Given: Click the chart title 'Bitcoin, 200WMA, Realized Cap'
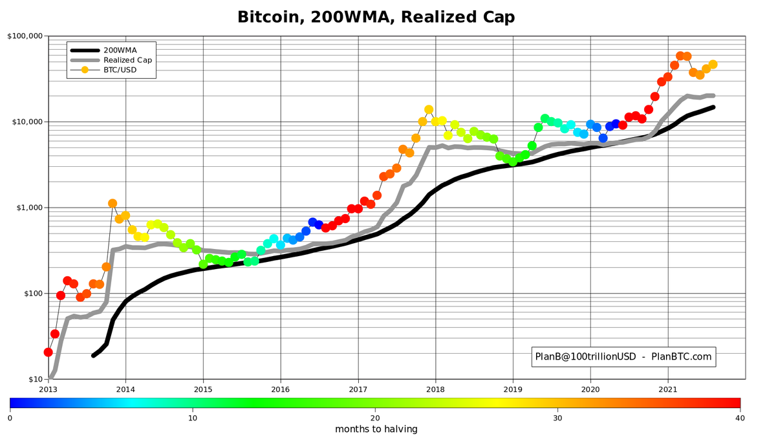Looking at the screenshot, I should point(376,17).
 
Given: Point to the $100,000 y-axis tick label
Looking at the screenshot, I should point(25,36).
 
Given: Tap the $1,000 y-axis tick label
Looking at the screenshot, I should point(28,208).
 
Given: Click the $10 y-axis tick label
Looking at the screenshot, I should point(33,379).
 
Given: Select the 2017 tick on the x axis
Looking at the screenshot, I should point(358,389).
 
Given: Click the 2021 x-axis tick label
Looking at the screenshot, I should point(668,389).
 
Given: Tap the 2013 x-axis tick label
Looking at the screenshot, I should point(48,389).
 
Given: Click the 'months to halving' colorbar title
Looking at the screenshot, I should point(376,429).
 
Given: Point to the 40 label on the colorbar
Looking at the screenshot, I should point(740,418).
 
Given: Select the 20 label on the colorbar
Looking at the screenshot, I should point(375,418).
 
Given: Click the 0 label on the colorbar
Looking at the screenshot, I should point(10,418).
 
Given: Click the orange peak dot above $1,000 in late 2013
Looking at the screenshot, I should point(113,204).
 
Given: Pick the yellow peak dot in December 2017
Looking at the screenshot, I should point(429,110).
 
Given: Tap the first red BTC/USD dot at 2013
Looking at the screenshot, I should point(48,352).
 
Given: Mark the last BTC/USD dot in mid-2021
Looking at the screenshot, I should point(713,65).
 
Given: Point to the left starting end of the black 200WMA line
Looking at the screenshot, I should point(94,355).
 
